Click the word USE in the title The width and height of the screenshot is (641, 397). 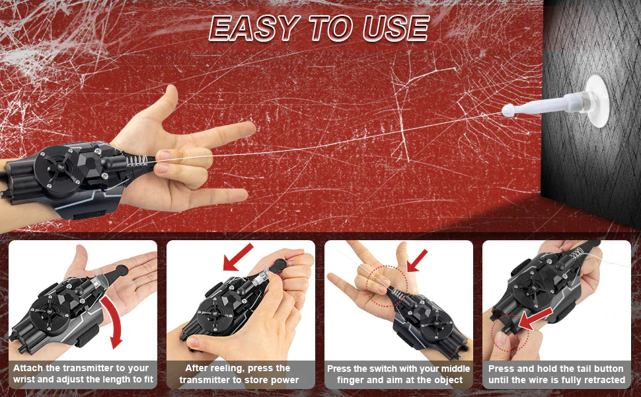point(396,28)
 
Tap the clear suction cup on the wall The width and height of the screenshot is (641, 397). point(596,101)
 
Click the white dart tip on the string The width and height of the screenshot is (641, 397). point(508,110)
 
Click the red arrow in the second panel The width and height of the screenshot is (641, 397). point(238,257)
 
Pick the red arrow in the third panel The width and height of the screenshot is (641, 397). point(418,261)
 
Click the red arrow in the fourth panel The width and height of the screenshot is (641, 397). point(535,320)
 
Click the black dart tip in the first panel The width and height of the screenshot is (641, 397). point(122,270)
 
